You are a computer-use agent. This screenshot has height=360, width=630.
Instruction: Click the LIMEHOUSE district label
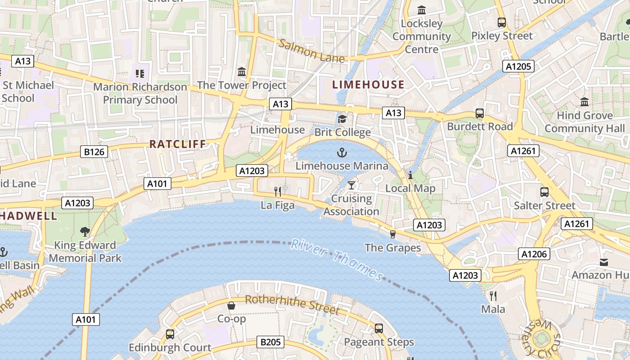pyautogui.click(x=368, y=84)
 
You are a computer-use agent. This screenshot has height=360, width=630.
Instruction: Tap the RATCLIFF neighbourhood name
pyautogui.click(x=177, y=144)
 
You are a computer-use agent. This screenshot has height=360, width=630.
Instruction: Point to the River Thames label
pyautogui.click(x=337, y=260)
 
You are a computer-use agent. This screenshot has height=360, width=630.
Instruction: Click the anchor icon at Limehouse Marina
pyautogui.click(x=342, y=153)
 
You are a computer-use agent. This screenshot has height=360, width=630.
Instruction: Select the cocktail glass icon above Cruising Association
pyautogui.click(x=351, y=185)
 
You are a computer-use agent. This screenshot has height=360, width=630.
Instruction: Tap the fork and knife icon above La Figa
pyautogui.click(x=278, y=192)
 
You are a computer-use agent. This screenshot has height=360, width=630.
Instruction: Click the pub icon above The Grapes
pyautogui.click(x=392, y=234)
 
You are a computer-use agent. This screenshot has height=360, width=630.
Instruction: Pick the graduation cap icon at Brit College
pyautogui.click(x=342, y=119)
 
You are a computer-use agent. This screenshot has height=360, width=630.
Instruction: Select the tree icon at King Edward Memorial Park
pyautogui.click(x=85, y=232)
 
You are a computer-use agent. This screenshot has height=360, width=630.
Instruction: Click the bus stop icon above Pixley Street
pyautogui.click(x=501, y=22)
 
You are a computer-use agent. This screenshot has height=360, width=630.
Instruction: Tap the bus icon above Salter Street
pyautogui.click(x=544, y=192)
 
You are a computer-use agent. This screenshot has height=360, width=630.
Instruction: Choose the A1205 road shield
pyautogui.click(x=519, y=67)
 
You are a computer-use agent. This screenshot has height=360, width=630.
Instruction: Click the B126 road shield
pyautogui.click(x=94, y=152)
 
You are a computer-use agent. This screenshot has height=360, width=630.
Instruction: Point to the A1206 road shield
pyautogui.click(x=534, y=254)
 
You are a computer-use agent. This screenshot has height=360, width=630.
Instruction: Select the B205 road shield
pyautogui.click(x=270, y=342)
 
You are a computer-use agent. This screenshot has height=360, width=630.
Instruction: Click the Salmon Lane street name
pyautogui.click(x=311, y=51)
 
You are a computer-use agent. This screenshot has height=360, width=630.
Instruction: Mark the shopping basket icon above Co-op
pyautogui.click(x=231, y=306)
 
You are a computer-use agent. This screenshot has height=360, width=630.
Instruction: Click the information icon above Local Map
pyautogui.click(x=410, y=175)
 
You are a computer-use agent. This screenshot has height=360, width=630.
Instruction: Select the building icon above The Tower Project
pyautogui.click(x=242, y=72)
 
